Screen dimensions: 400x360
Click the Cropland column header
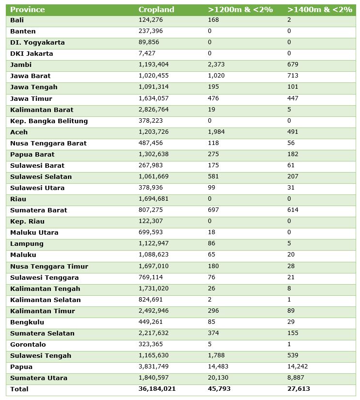tap(156, 10)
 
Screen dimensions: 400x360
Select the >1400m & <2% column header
tap(319, 10)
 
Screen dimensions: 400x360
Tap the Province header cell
tap(27, 10)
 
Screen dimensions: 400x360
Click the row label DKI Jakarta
tap(31, 53)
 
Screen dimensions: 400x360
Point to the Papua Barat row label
tap(32, 154)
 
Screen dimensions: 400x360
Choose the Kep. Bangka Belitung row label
tap(49, 121)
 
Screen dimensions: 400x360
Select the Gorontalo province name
tap(28, 344)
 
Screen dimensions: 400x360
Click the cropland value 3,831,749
tap(155, 367)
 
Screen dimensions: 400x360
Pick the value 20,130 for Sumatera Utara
tap(218, 378)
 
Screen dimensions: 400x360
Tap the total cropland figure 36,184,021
tap(157, 389)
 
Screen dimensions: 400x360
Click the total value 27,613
tap(298, 389)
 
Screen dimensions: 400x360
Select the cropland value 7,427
tap(147, 53)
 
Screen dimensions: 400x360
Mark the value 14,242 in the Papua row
tap(297, 367)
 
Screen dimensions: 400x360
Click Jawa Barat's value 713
tap(293, 76)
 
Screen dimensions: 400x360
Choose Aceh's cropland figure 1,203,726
tap(155, 132)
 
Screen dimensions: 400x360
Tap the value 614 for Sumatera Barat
tap(293, 210)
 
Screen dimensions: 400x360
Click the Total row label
tap(19, 389)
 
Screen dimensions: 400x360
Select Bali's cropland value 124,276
tap(151, 20)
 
